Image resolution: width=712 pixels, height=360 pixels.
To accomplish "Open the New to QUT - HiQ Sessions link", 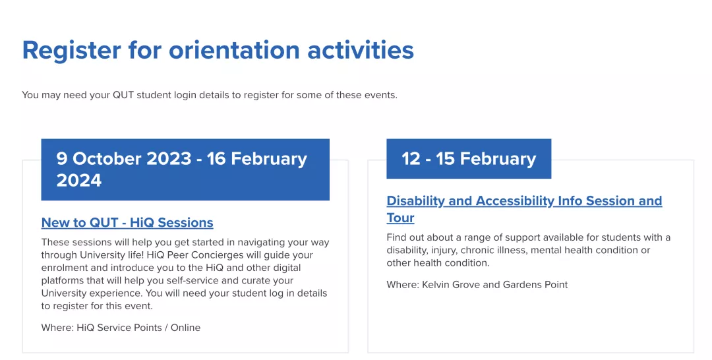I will (127, 222).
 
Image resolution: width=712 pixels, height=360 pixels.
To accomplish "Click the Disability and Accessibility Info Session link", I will (524, 201).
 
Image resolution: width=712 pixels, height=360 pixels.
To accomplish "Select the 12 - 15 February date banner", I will (468, 159).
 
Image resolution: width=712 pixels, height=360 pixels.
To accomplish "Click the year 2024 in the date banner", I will (79, 181).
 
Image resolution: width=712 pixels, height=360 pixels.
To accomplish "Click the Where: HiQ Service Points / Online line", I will (121, 327).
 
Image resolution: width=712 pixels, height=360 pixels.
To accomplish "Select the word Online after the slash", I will (185, 327).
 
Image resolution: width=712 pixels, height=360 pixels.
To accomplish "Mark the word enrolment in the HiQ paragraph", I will (63, 268).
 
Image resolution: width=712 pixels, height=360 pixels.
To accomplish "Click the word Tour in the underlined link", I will (400, 218).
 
